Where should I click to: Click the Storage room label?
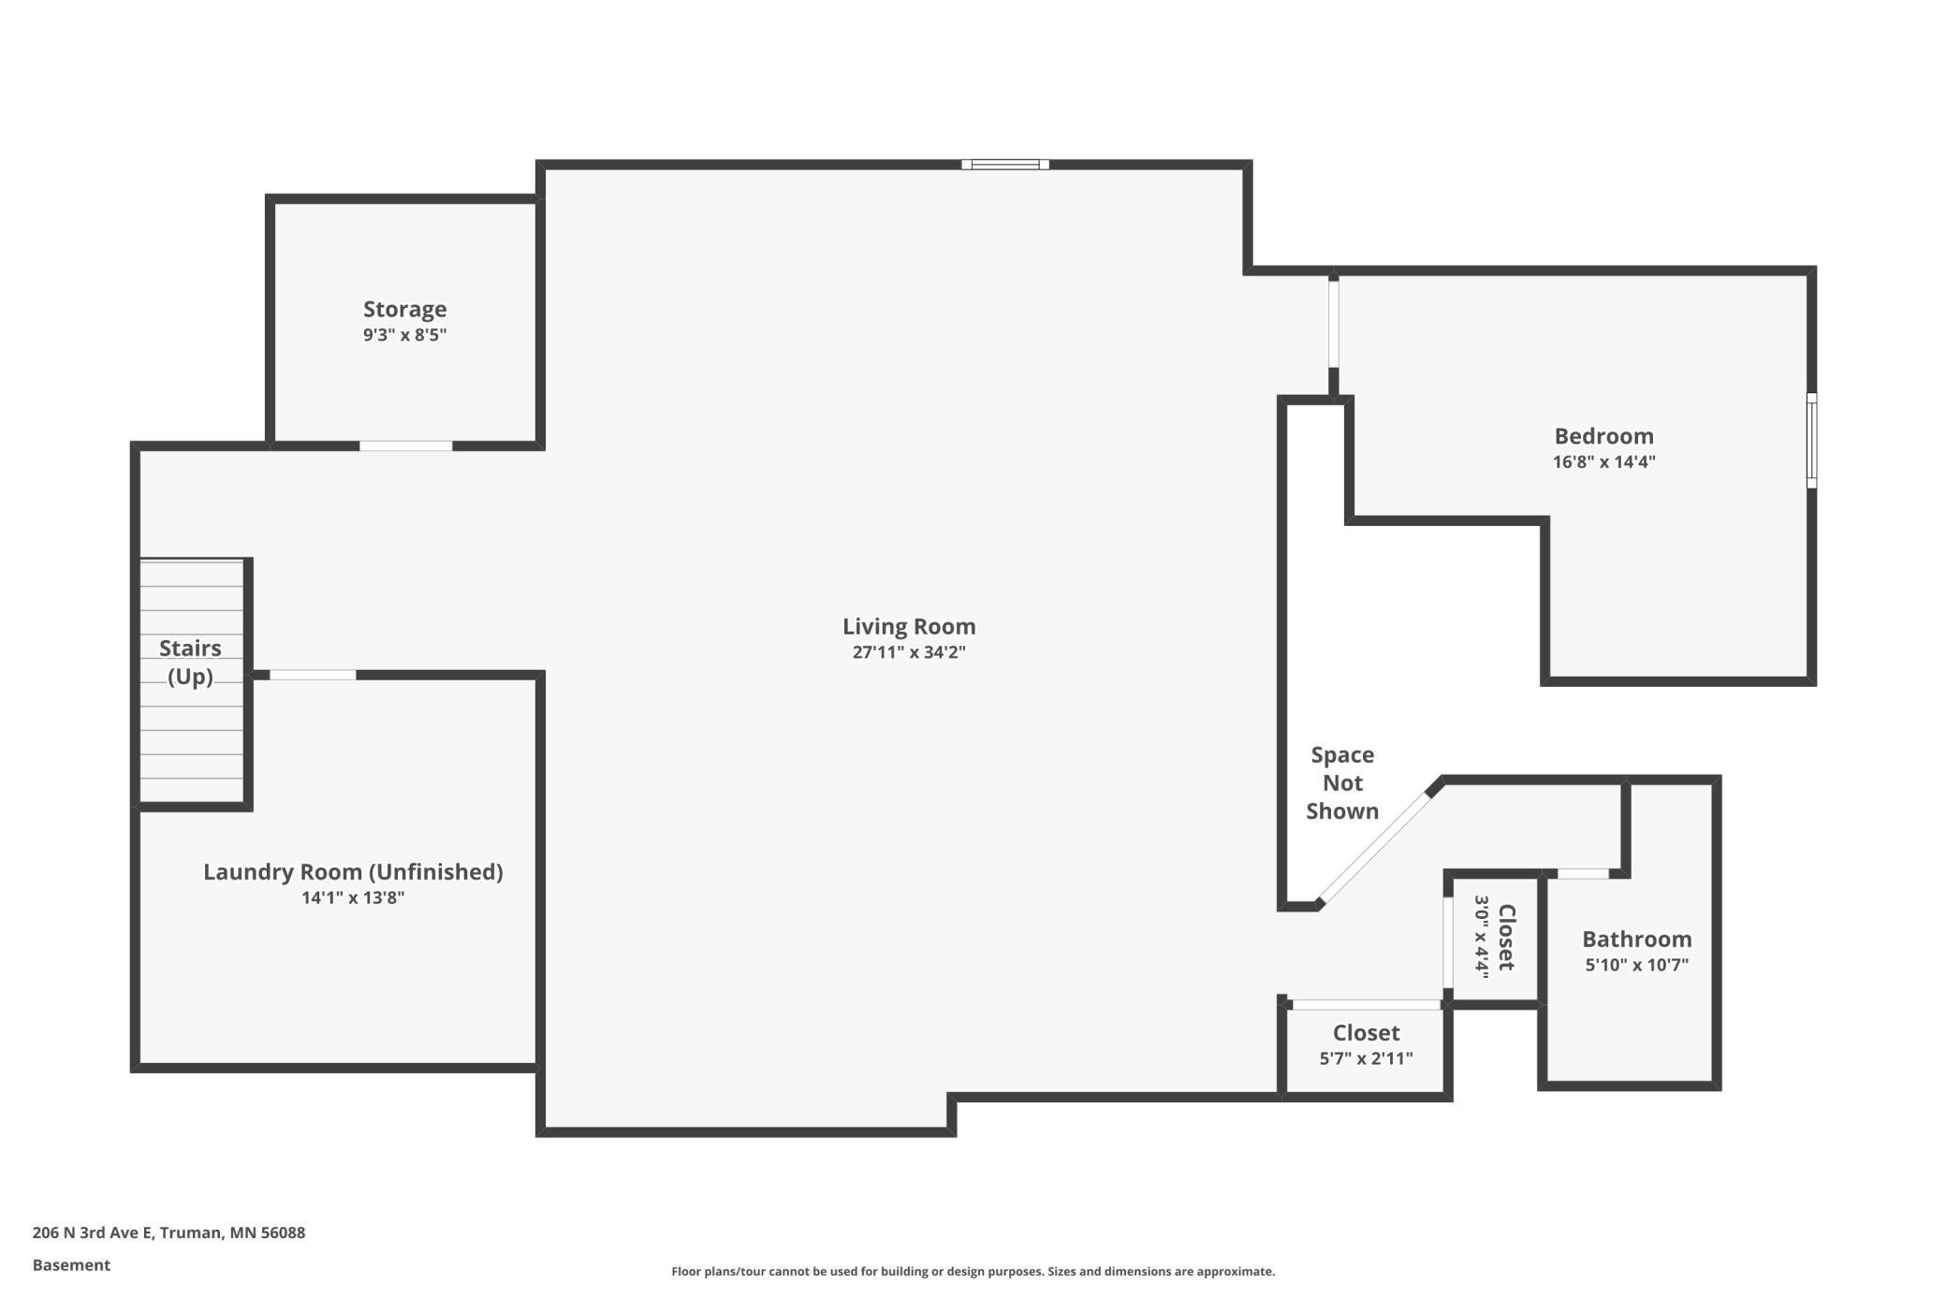point(404,309)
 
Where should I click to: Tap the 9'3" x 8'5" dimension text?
point(404,335)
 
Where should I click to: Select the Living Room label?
point(909,626)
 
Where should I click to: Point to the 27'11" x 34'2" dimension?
point(909,652)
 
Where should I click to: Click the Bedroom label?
point(1604,436)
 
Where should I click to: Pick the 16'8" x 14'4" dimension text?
point(1604,461)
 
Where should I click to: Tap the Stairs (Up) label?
point(190,662)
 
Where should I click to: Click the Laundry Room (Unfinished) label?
point(353,872)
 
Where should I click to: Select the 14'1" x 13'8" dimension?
point(353,898)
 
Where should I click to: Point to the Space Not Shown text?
point(1342,783)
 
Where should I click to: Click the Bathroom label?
point(1637,940)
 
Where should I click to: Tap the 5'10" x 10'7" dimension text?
point(1637,965)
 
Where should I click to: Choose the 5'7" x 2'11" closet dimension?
point(1367,1058)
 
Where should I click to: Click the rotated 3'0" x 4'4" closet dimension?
point(1482,937)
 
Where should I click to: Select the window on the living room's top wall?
point(1005,165)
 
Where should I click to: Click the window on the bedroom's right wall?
point(1811,441)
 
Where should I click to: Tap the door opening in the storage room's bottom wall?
point(406,446)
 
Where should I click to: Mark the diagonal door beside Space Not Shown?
point(1374,848)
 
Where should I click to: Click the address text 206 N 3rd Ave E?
point(93,1232)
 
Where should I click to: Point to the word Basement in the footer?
point(71,1265)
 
